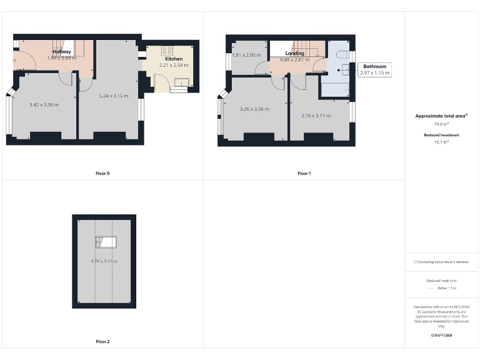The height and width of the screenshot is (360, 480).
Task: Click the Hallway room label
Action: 61,52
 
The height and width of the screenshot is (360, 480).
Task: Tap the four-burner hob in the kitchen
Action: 167,51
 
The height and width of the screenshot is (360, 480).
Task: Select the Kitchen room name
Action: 174,59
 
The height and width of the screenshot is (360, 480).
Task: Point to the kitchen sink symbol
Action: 182,81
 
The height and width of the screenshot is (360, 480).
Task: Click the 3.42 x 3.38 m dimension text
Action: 44,105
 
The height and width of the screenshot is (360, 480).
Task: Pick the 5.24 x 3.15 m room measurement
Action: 114,96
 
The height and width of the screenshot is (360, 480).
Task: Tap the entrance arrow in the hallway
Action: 14,61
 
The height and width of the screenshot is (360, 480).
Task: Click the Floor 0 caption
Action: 102,173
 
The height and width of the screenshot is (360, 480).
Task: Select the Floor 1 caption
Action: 304,173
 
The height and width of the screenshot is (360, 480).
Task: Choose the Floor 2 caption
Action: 102,342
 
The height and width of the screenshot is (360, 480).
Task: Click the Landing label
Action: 295,54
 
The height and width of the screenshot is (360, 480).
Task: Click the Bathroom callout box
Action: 375,69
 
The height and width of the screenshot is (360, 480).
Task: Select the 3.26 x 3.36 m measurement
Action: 254,109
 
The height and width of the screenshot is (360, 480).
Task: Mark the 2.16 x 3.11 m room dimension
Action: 316,116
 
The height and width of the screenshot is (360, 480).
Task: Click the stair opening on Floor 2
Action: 106,242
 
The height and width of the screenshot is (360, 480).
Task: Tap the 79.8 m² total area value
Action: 441,124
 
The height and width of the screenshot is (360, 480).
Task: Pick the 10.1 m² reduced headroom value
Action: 441,142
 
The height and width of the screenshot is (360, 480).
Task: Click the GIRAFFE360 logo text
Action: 441,336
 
